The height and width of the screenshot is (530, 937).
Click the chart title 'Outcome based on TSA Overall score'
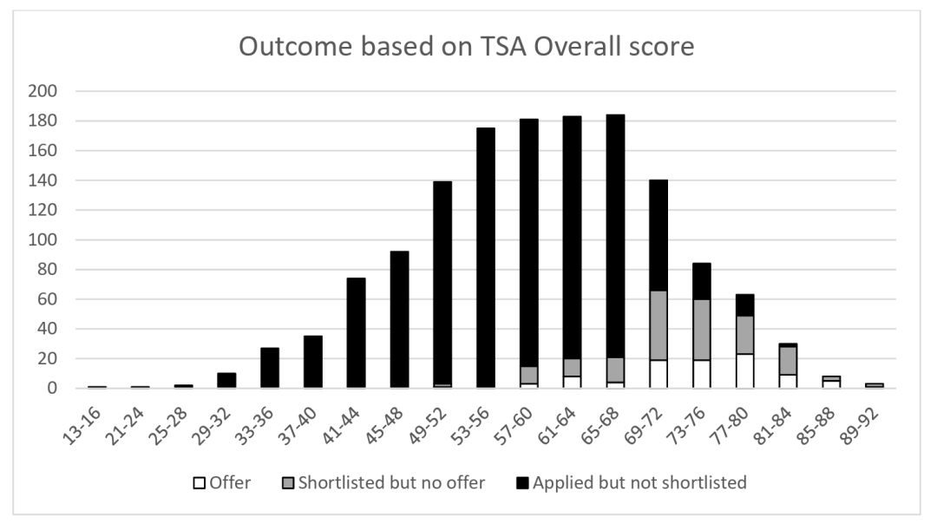tap(466, 47)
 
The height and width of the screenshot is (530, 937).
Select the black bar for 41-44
tap(356, 333)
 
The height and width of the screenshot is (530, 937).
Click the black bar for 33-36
tap(270, 368)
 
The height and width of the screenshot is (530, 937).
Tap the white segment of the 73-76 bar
tap(702, 374)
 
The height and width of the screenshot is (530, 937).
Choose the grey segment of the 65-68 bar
tap(615, 370)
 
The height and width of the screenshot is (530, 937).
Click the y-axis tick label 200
tap(44, 91)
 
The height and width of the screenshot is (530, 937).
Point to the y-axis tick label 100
tap(44, 239)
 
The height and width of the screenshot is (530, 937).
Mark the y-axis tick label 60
tap(49, 299)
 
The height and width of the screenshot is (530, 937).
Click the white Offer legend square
tap(198, 483)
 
